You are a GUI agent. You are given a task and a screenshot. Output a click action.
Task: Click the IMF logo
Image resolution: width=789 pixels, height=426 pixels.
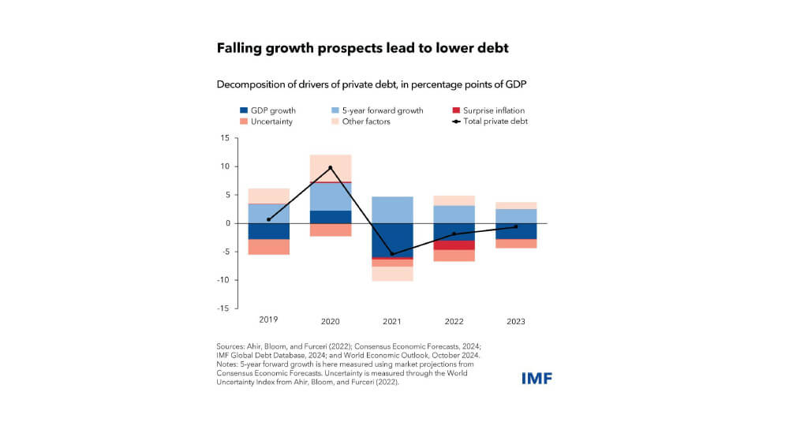click(x=537, y=378)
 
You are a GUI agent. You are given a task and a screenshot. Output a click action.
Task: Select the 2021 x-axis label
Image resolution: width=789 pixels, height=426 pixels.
click(x=392, y=321)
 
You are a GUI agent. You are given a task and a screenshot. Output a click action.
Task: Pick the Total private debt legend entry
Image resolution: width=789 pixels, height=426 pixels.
click(x=492, y=121)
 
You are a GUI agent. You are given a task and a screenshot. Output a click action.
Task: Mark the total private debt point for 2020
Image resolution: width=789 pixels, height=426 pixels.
click(x=331, y=168)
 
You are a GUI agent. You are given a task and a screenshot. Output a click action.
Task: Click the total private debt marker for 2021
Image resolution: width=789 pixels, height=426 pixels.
click(x=392, y=254)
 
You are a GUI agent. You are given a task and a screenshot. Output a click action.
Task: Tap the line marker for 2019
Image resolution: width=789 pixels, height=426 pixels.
click(x=269, y=219)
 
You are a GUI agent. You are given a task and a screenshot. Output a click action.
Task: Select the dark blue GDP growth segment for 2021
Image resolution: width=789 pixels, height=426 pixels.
click(x=392, y=240)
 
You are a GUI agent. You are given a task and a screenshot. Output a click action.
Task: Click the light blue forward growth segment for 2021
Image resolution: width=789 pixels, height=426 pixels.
click(x=392, y=210)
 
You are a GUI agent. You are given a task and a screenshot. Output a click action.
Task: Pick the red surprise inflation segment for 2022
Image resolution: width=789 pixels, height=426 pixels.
click(x=454, y=245)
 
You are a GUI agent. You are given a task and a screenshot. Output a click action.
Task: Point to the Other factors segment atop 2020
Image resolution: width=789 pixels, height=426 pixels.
click(x=331, y=168)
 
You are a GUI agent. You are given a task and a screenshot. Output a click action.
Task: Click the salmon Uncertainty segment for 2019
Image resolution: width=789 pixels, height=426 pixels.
click(x=269, y=247)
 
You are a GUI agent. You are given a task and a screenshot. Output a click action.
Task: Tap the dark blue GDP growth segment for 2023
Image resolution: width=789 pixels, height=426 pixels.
click(x=515, y=231)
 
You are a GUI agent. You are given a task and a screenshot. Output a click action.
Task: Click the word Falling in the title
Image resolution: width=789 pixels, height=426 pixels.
click(x=240, y=49)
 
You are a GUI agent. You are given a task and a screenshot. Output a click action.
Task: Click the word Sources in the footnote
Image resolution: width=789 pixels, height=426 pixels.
click(x=230, y=346)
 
